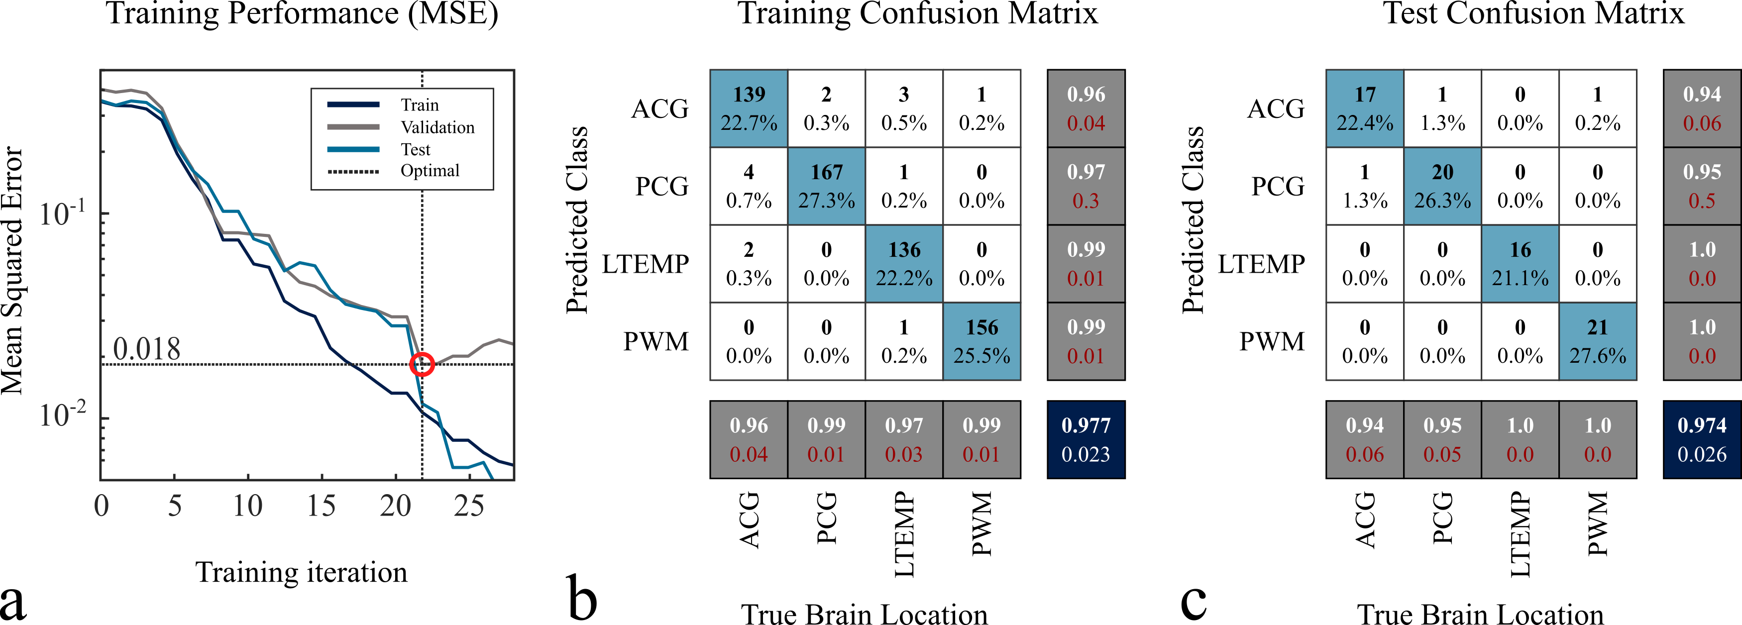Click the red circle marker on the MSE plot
coord(422,364)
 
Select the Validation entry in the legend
coord(437,127)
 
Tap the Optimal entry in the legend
coord(430,171)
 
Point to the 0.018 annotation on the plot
coord(147,349)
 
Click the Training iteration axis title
coord(302,572)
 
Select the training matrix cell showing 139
coord(749,108)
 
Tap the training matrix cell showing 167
coord(826,186)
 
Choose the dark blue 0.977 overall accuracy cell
coord(1086,440)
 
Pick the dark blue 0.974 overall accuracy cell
coord(1701,440)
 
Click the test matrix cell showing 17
coord(1365,108)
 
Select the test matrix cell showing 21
coord(1597,341)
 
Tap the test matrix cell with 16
coord(1520,263)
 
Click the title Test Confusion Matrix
coord(1533,13)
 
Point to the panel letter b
coord(582,598)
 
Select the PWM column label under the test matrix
coord(1597,524)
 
